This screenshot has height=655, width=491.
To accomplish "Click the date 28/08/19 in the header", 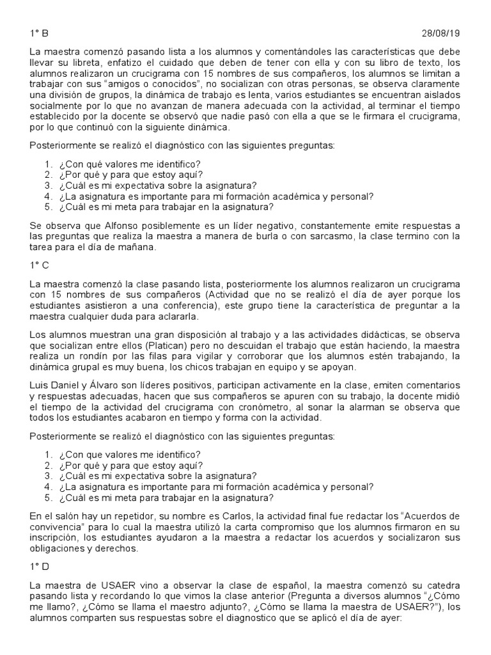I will (x=442, y=33).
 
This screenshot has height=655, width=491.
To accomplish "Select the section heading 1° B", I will (x=39, y=33).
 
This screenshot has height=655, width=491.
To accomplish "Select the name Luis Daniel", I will (x=54, y=386).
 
